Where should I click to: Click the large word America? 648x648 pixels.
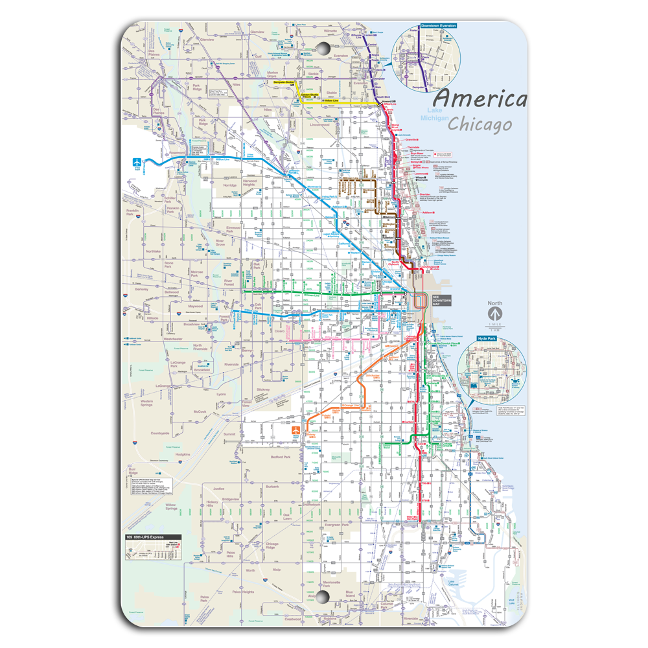click(480, 99)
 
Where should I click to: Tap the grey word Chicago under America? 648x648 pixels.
click(480, 123)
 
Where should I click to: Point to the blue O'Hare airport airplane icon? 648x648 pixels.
click(137, 163)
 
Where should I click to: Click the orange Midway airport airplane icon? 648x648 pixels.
click(295, 430)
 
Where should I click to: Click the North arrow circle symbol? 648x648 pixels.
click(495, 314)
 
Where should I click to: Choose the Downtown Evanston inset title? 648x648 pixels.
click(438, 26)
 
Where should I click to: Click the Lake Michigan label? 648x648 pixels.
click(434, 115)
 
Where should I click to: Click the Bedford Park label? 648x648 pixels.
click(281, 456)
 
